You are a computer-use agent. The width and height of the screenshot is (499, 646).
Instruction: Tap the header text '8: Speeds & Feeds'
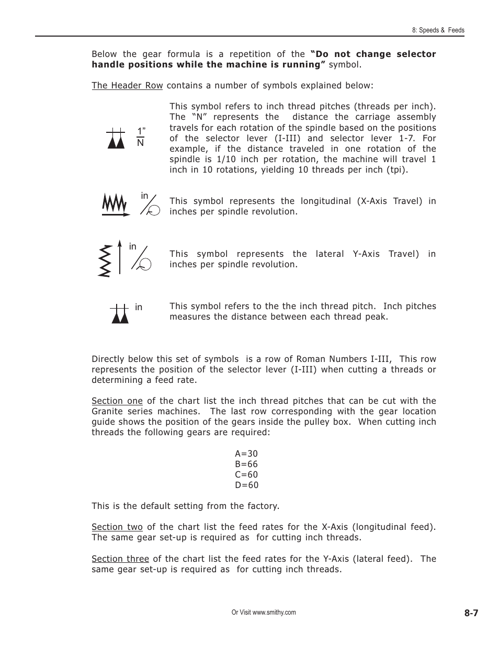438,30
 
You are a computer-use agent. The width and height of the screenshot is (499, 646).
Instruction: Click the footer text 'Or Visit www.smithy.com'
264,613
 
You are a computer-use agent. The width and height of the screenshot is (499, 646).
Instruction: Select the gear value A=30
246,454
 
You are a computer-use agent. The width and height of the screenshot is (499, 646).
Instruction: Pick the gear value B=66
246,464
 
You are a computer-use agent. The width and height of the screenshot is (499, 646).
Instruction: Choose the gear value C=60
246,474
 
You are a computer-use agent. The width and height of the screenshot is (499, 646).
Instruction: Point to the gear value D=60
246,485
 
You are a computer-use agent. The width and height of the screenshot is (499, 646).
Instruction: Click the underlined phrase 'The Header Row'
127,85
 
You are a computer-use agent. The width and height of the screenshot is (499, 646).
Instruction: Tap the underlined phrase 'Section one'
117,401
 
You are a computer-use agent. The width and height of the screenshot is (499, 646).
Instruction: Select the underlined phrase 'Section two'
117,527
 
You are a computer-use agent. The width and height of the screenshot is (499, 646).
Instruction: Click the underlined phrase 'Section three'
120,559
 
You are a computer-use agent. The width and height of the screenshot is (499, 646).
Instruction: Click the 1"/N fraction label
140,137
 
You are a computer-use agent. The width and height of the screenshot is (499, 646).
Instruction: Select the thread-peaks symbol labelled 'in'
120,313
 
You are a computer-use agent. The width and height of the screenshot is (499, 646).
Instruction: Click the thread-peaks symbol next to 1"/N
116,138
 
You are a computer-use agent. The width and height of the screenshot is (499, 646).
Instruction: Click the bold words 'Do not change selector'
373,54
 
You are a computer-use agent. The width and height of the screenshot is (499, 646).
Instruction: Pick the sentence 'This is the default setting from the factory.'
185,506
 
